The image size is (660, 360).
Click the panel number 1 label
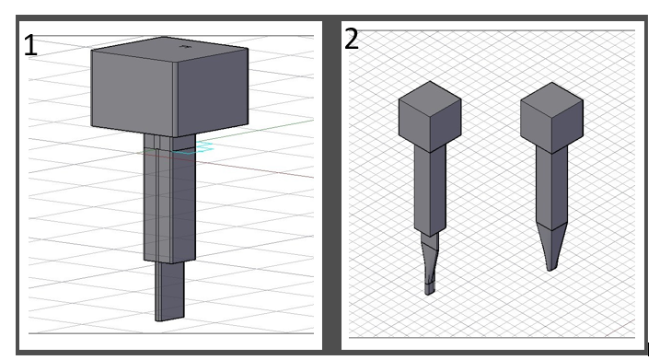click(x=30, y=46)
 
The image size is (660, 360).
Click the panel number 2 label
click(x=352, y=40)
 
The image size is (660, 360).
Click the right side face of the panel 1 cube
click(x=213, y=93)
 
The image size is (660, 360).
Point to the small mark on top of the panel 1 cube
click(x=184, y=46)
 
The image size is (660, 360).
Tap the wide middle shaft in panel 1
click(x=169, y=198)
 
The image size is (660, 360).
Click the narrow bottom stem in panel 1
click(x=169, y=291)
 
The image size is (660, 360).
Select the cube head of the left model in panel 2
click(x=430, y=117)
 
